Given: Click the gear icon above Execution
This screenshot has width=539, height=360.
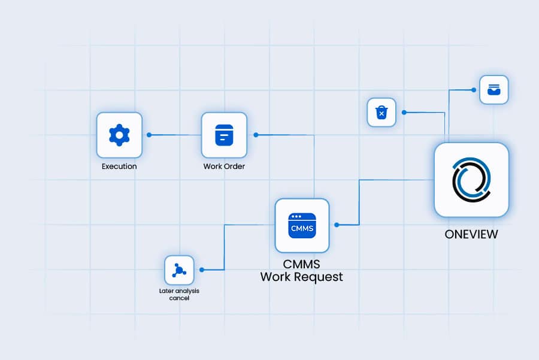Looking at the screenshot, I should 119,135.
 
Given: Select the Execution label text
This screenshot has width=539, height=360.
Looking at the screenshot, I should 119,167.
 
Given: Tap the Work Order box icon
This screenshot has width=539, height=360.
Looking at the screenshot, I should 224,135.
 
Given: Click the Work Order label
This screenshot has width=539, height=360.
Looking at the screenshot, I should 224,167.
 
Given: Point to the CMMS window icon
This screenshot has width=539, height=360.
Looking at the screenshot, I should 302,225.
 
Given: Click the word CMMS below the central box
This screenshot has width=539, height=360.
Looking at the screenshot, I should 302,264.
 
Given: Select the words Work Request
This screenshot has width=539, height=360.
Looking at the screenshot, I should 302,277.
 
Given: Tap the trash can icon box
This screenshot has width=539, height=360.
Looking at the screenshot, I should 381,112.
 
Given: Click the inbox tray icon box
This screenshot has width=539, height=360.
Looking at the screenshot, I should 493,90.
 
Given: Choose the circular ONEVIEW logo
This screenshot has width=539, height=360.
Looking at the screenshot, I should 471,179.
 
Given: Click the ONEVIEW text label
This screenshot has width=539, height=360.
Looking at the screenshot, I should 471,234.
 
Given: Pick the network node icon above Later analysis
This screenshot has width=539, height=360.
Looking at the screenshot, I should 179,270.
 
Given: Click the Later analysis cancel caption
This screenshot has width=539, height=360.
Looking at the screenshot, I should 179,294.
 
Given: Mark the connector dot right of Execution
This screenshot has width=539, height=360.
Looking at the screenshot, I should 149,135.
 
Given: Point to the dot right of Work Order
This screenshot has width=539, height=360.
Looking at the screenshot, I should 256,135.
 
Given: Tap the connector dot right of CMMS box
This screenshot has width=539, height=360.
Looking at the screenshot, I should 337,225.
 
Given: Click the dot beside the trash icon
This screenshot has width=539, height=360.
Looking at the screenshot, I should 404,112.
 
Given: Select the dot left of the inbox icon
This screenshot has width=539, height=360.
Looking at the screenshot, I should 473,90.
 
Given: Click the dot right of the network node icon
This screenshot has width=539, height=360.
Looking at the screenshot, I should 202,270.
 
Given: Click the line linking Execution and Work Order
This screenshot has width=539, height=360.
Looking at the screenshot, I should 175,135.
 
